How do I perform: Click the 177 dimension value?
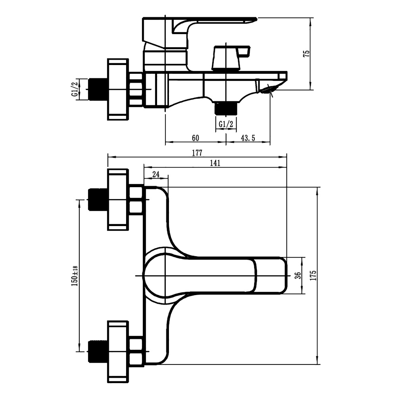point(197,153)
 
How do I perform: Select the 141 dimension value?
point(215,163)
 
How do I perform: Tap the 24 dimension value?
point(156,174)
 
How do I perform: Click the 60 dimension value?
point(195,138)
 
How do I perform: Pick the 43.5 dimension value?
point(248,138)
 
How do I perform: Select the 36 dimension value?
point(298,275)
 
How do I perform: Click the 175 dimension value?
point(314,275)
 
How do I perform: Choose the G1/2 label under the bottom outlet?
point(226,124)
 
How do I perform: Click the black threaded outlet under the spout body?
point(226,109)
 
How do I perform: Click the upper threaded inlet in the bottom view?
point(97,199)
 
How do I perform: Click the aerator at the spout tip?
point(269,90)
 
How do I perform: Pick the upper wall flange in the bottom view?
point(118,199)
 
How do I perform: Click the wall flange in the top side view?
point(118,89)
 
